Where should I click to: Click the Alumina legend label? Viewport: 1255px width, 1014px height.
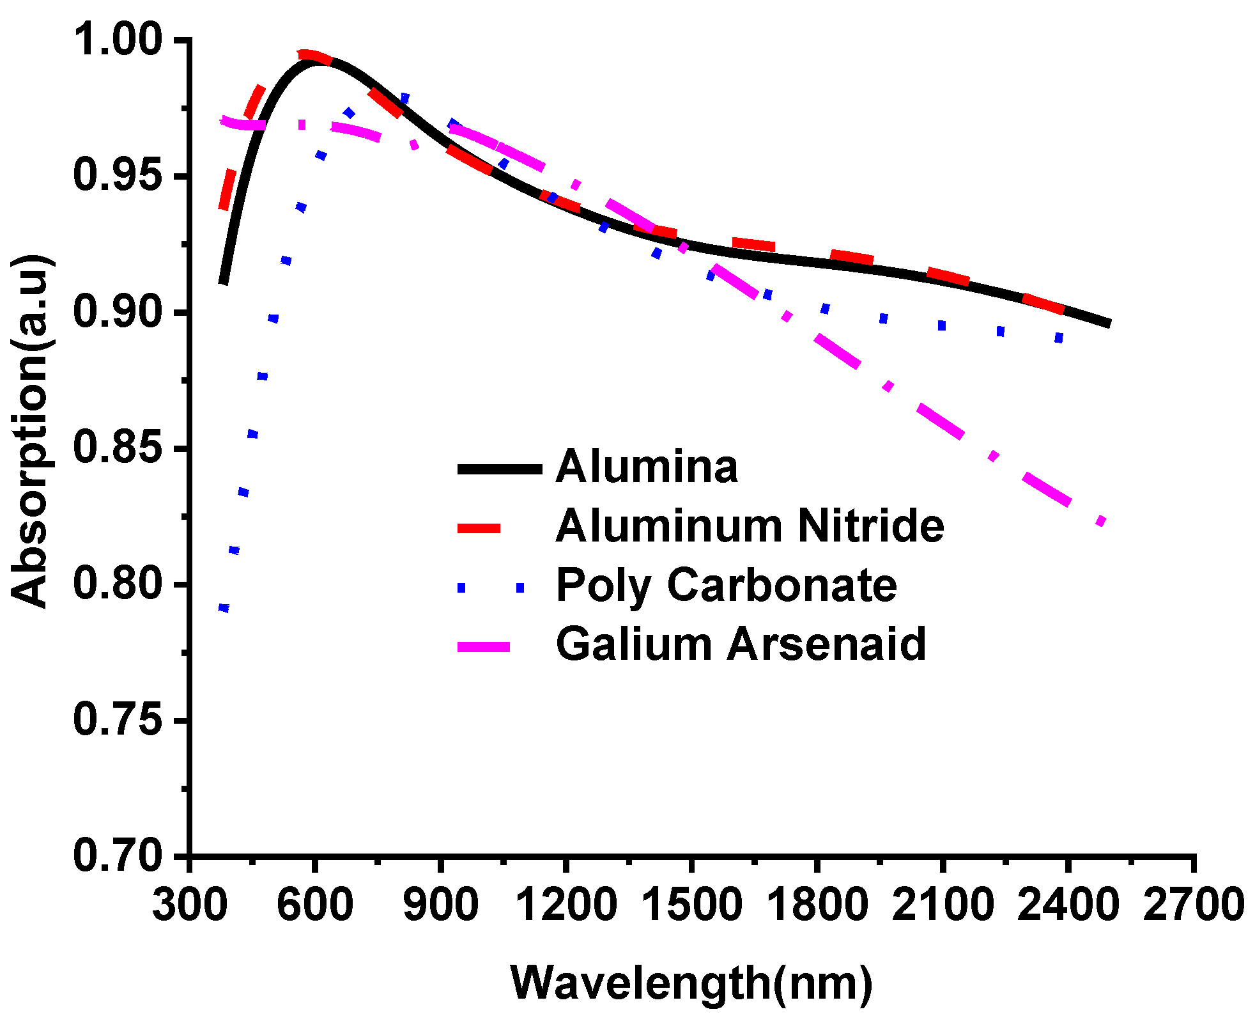click(647, 467)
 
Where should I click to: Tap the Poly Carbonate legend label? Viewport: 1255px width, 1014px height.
click(727, 585)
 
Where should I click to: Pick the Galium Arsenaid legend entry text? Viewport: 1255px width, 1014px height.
click(741, 644)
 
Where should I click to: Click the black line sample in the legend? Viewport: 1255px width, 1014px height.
click(500, 469)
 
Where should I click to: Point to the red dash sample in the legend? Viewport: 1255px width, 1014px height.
click(479, 527)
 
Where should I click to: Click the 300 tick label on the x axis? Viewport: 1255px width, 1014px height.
click(190, 905)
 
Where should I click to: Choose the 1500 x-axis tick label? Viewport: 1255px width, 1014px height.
click(691, 905)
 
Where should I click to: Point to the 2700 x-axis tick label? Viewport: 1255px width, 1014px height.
click(1193, 905)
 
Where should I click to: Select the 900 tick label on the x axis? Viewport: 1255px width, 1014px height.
click(441, 905)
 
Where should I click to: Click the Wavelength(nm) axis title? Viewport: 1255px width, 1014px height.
click(691, 982)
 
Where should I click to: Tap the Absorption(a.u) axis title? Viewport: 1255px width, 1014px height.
click(30, 432)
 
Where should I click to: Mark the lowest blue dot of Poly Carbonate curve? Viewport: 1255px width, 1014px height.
click(224, 608)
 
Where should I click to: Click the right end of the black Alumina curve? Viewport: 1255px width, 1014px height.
click(1109, 324)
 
